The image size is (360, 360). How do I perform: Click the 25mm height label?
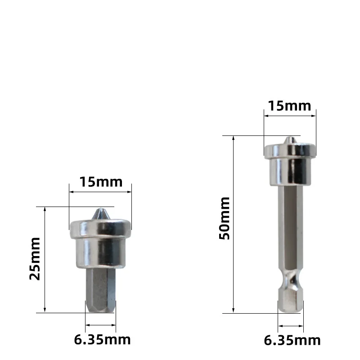35,259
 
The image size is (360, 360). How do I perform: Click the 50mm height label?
224,218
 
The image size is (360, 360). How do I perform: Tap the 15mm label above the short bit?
101,182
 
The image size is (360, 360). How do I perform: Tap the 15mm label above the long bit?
289,106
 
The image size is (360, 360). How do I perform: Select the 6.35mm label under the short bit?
102,340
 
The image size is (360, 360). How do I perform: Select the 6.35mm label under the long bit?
292,341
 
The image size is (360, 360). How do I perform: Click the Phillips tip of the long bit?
290,140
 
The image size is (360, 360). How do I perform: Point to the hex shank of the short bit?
100,290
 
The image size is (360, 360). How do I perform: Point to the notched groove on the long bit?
291,279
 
